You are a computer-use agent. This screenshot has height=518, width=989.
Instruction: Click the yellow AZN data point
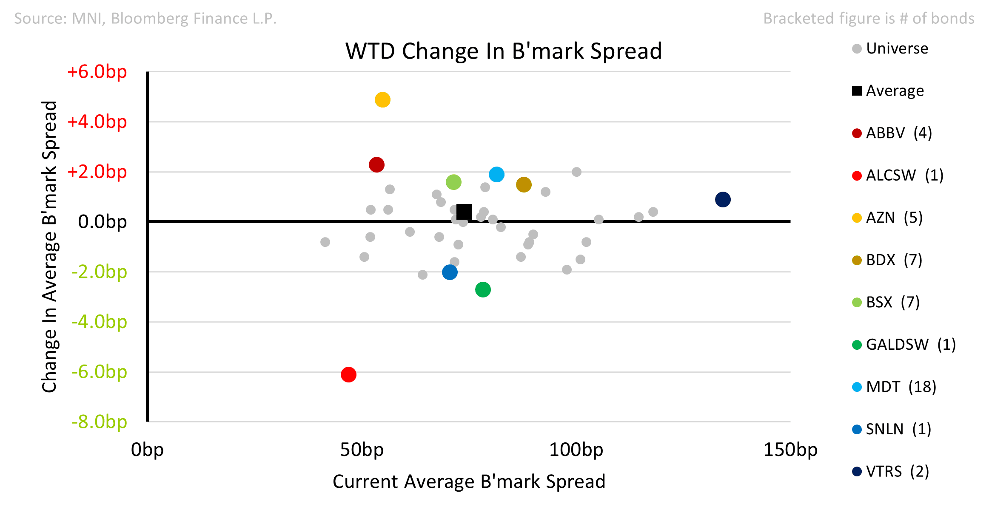click(382, 100)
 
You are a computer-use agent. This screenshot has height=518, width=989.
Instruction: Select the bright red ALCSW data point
click(348, 374)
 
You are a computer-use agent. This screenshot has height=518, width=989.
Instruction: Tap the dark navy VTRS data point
click(723, 199)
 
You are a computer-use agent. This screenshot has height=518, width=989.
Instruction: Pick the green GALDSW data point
click(483, 289)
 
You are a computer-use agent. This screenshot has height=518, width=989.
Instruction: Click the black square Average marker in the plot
click(464, 211)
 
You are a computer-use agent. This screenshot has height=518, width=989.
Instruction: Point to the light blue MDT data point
click(496, 174)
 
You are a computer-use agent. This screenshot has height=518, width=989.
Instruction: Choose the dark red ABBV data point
click(376, 164)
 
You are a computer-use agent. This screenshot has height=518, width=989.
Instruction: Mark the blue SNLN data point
click(450, 272)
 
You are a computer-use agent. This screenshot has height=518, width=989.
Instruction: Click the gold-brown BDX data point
click(524, 184)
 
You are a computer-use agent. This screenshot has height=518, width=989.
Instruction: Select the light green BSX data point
click(453, 182)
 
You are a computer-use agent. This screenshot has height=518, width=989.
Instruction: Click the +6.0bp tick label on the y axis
click(97, 71)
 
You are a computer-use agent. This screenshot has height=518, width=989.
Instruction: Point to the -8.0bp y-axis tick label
click(99, 422)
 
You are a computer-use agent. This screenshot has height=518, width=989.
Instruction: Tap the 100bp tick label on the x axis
click(576, 450)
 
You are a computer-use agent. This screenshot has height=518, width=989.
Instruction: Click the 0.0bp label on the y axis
click(103, 221)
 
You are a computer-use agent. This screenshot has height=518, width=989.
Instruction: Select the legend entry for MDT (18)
click(894, 387)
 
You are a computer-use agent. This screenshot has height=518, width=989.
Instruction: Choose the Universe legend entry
click(890, 48)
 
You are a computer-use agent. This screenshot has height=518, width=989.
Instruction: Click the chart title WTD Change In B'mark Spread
click(504, 51)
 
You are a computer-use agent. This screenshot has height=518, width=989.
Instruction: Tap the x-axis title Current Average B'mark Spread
click(469, 481)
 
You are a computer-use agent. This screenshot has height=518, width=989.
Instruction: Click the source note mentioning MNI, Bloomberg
click(145, 18)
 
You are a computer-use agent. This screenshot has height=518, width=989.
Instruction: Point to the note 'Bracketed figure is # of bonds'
click(869, 18)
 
